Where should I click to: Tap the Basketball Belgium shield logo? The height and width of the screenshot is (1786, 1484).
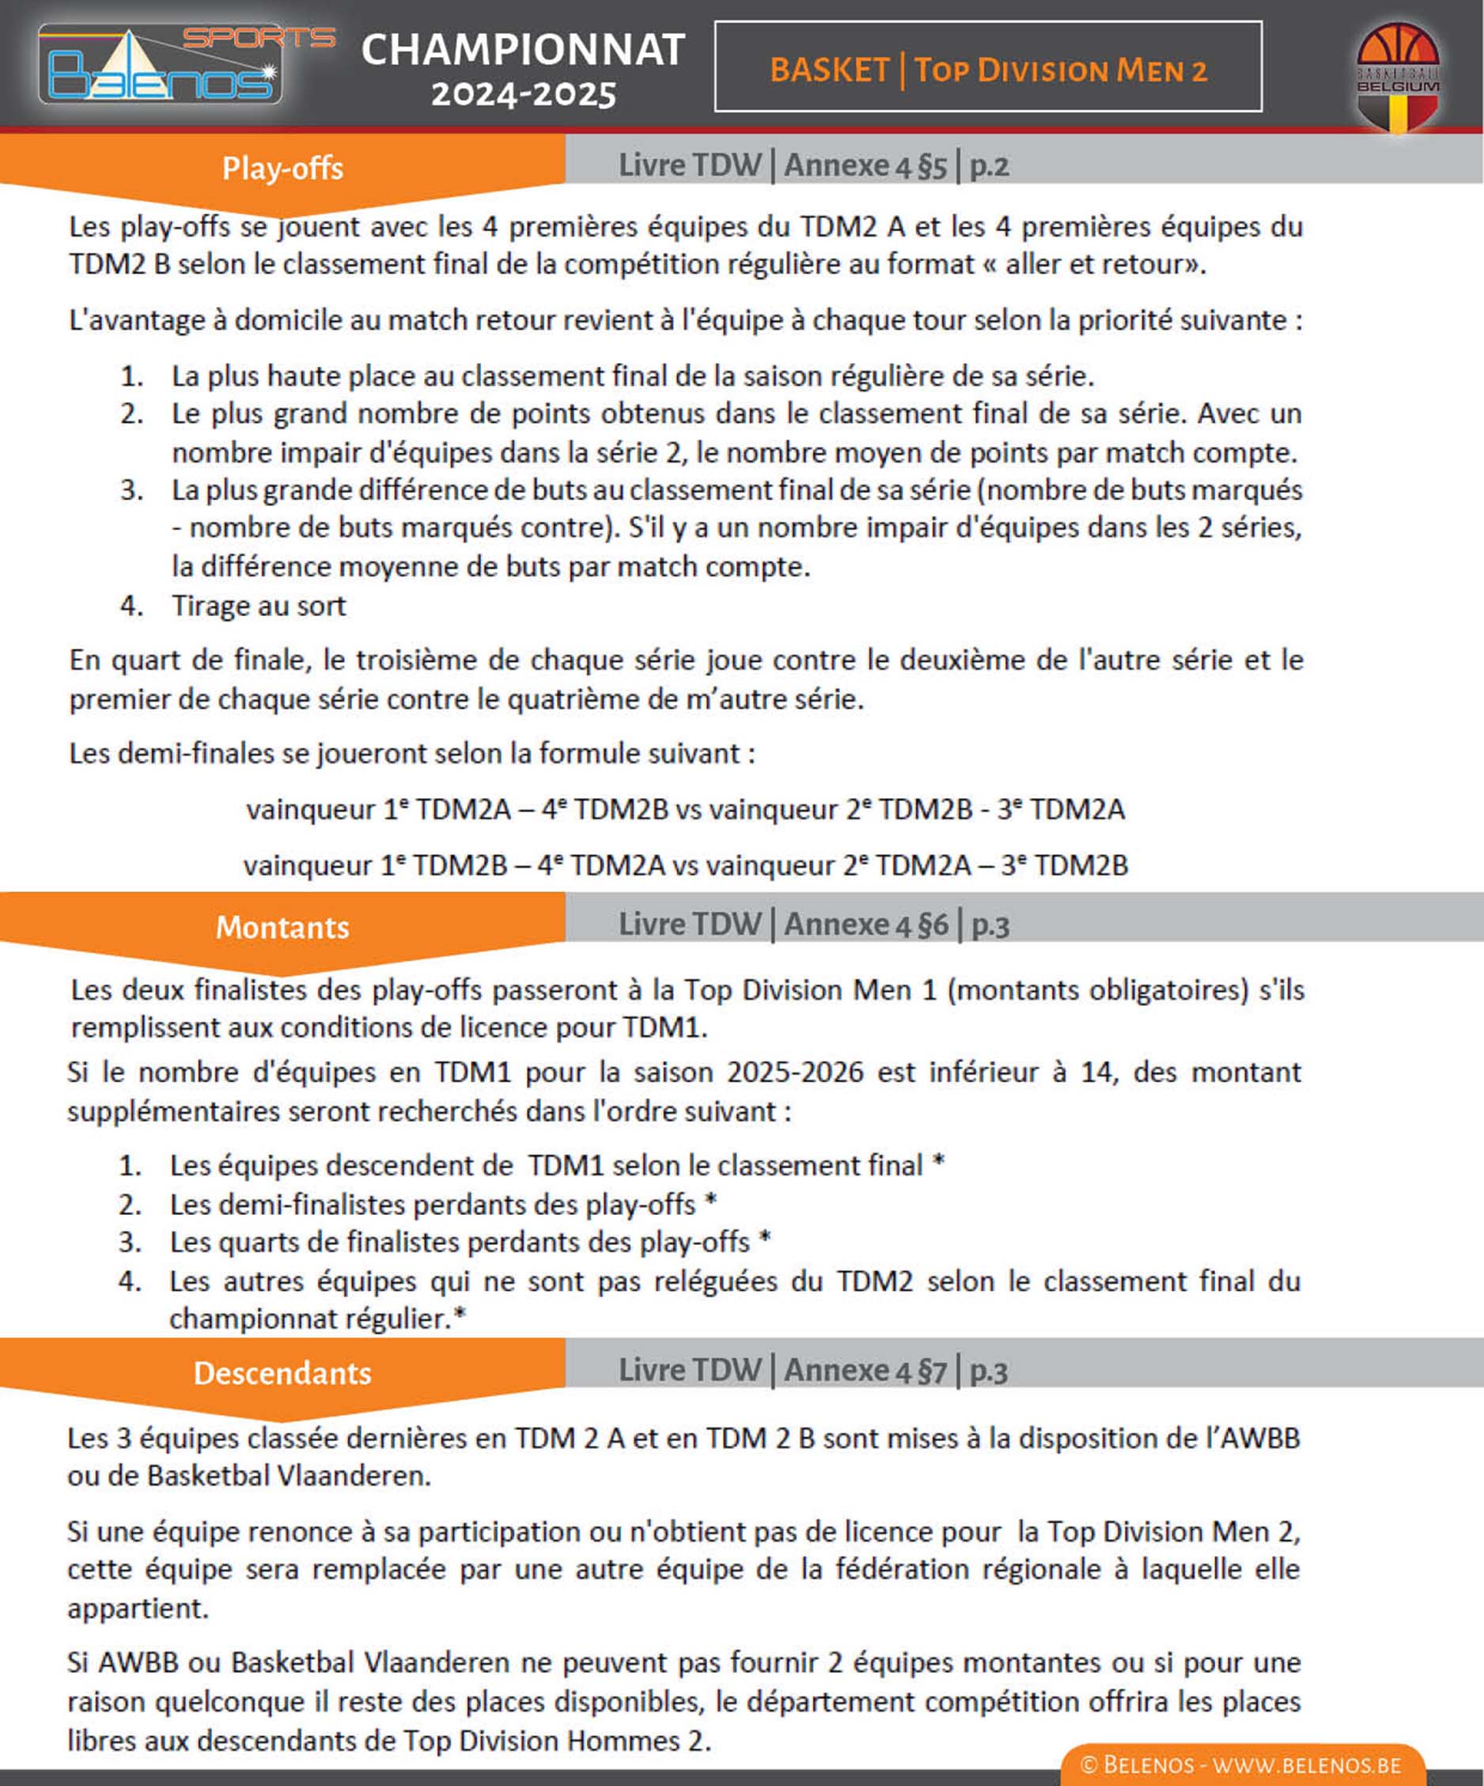(x=1396, y=78)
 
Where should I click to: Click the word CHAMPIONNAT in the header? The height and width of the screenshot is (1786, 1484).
(x=523, y=49)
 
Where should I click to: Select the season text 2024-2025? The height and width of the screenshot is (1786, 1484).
(x=523, y=94)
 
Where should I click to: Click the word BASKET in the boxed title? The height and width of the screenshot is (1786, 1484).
(x=829, y=70)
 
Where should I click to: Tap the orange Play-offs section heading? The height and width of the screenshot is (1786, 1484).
(x=282, y=168)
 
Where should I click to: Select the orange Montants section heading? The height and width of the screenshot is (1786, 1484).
(x=282, y=927)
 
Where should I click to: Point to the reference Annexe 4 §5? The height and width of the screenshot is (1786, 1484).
(x=865, y=165)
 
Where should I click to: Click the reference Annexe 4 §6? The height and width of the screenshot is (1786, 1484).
(x=865, y=925)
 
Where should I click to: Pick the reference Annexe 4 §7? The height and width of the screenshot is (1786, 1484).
(x=865, y=1371)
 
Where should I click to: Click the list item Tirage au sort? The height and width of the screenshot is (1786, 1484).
(x=259, y=606)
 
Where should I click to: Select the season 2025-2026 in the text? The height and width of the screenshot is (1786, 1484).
(x=795, y=1073)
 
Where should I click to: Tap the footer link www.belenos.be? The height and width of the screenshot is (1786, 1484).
(x=1307, y=1765)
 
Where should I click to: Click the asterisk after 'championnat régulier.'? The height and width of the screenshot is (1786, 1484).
(x=460, y=1316)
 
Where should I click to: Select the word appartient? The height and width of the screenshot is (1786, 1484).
(x=138, y=1609)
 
